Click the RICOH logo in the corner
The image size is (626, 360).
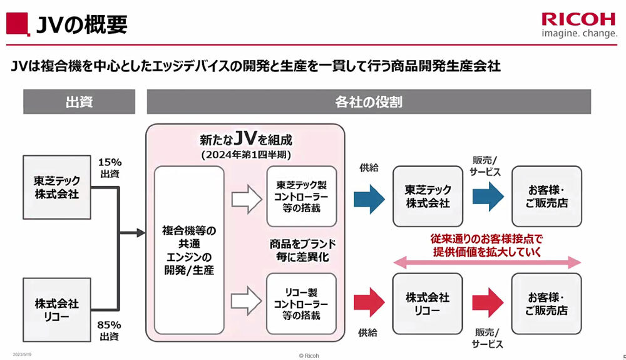point(578,19)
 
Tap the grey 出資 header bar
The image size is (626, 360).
point(80,101)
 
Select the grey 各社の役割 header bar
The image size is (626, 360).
point(369,101)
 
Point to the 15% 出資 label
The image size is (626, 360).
point(110,168)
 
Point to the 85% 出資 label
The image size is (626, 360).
point(110,331)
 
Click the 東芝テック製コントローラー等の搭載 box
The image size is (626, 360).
point(302,196)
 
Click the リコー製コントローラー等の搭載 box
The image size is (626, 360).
point(302,303)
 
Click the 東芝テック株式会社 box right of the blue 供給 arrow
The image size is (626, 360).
point(428,197)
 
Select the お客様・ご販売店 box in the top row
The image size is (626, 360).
point(546,197)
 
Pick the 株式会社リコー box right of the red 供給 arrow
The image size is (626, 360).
point(428,304)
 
